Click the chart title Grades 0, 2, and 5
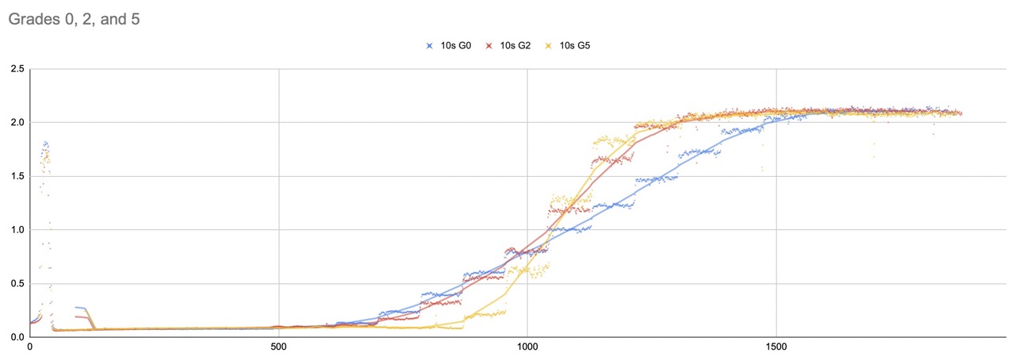[x=75, y=18]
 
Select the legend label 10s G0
[x=456, y=46]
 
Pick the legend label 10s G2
[x=515, y=46]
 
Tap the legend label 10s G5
[x=575, y=46]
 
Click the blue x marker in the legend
[x=431, y=46]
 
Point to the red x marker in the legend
[x=490, y=46]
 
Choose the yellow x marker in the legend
[x=549, y=46]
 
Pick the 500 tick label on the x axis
[x=278, y=347]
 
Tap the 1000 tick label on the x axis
[x=527, y=347]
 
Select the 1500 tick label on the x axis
[x=776, y=347]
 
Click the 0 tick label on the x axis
[x=29, y=347]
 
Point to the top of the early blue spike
[x=46, y=142]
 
